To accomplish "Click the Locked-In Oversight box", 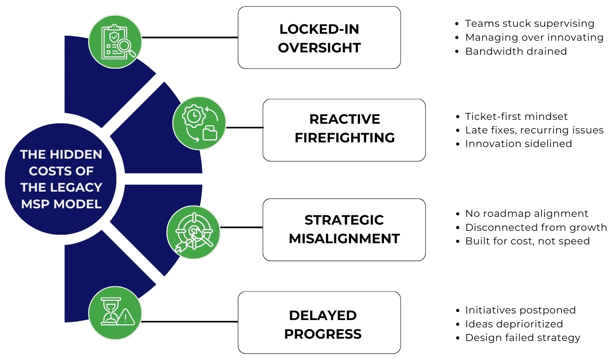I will click(319, 38).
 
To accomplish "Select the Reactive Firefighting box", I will click(344, 130).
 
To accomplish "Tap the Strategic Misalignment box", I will click(344, 229).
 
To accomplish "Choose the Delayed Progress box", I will click(319, 322).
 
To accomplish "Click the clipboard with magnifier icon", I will click(115, 42).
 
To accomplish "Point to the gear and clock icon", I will click(199, 123).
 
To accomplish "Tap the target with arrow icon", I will click(194, 232).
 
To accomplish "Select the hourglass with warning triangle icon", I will click(115, 313).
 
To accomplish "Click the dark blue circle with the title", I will click(61, 179).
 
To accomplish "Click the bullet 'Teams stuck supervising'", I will click(529, 23).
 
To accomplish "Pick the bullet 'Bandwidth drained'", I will click(516, 51).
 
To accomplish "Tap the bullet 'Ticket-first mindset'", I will click(516, 116).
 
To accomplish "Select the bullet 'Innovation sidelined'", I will click(518, 144).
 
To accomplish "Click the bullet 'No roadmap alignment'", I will click(526, 213).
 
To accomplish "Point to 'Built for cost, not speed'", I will click(527, 241).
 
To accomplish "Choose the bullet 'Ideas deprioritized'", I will click(513, 324).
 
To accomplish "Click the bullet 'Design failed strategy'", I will click(522, 337).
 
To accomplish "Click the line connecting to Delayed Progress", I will click(190, 322).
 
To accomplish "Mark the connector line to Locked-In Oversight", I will click(190, 38).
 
